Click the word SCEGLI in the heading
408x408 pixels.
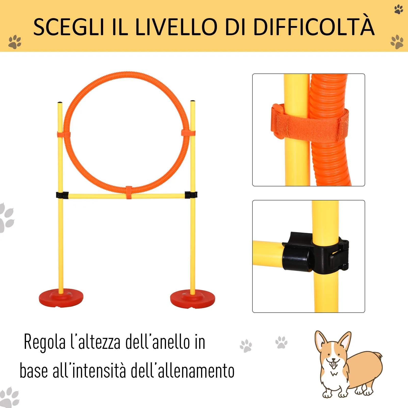coord(69,27)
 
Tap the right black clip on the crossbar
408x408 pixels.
coord(191,195)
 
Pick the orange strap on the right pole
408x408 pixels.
coord(188,133)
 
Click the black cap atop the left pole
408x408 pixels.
coord(60,103)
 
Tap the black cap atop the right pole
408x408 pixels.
coord(193,101)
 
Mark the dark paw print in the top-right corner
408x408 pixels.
coord(399,9)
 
